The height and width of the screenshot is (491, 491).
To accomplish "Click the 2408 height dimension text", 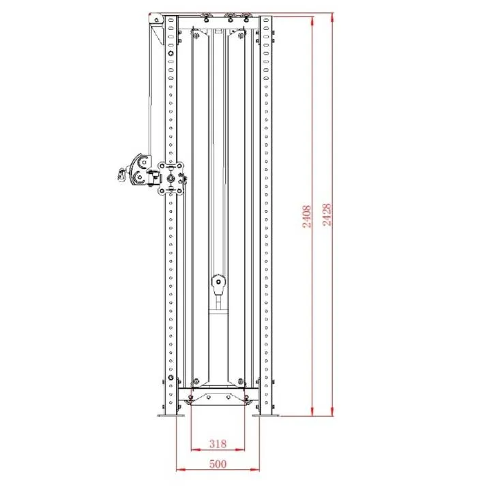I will pyautogui.click(x=307, y=216).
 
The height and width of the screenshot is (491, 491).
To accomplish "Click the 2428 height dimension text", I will pyautogui.click(x=327, y=215).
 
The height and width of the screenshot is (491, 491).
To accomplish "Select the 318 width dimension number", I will pyautogui.click(x=218, y=444).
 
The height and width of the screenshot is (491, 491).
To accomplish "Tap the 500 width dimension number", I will pyautogui.click(x=218, y=464).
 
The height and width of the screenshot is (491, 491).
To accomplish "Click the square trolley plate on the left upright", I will pyautogui.click(x=171, y=177).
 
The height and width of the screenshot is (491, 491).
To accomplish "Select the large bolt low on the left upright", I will pyautogui.click(x=170, y=380).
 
